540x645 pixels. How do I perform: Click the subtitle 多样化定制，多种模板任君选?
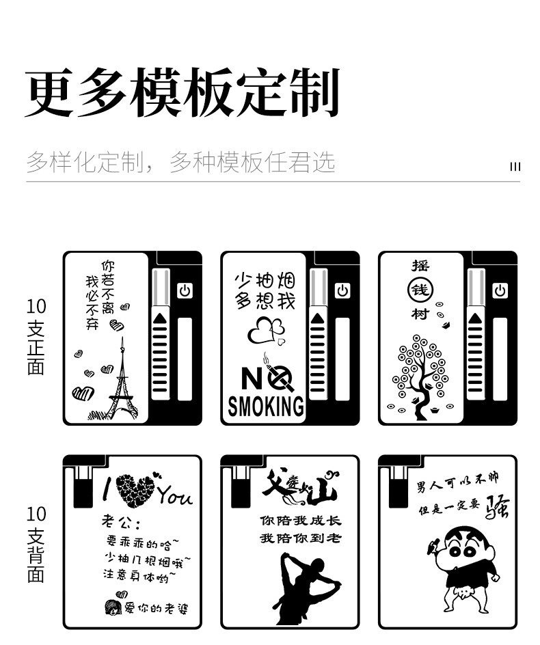pyautogui.click(x=180, y=162)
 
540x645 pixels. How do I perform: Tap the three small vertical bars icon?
pyautogui.click(x=515, y=167)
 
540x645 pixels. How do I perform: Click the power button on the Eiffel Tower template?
pyautogui.click(x=185, y=291)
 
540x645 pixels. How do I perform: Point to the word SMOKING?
pyautogui.click(x=266, y=406)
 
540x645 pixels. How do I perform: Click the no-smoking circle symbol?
pyautogui.click(x=280, y=378)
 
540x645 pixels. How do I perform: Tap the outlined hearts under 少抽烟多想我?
pyautogui.click(x=265, y=331)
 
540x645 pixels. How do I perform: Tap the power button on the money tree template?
pyautogui.click(x=500, y=291)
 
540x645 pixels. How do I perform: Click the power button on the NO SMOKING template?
pyautogui.click(x=342, y=291)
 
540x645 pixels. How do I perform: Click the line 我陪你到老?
pyautogui.click(x=299, y=538)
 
